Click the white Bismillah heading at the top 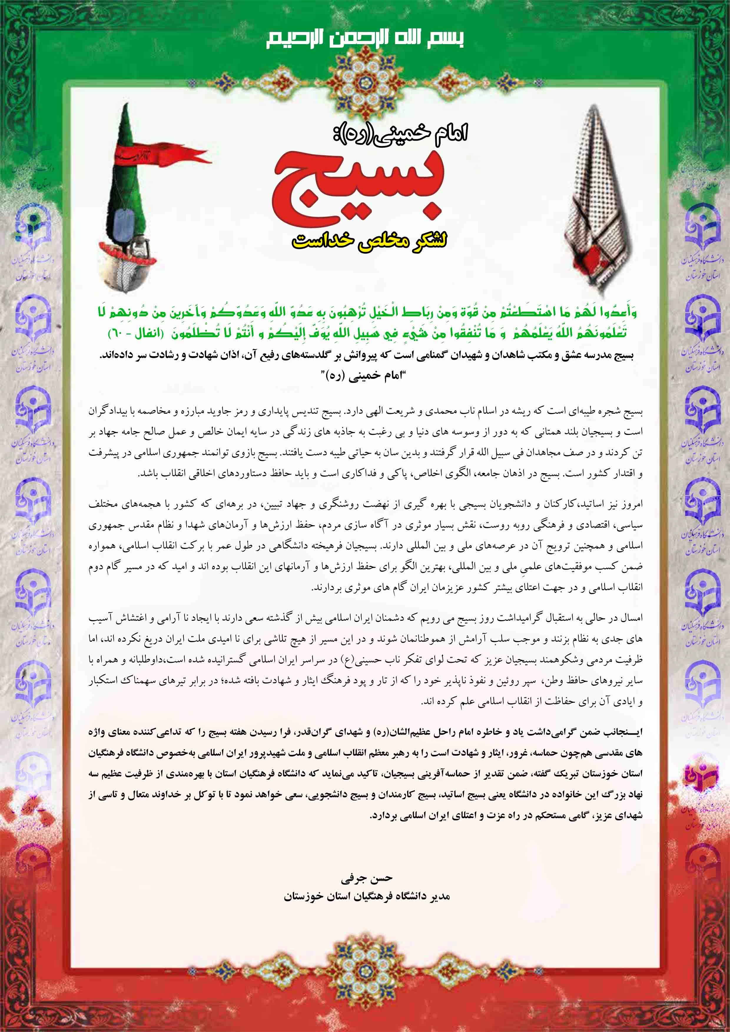tap(364, 39)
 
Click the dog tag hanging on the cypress tap(121, 221)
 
